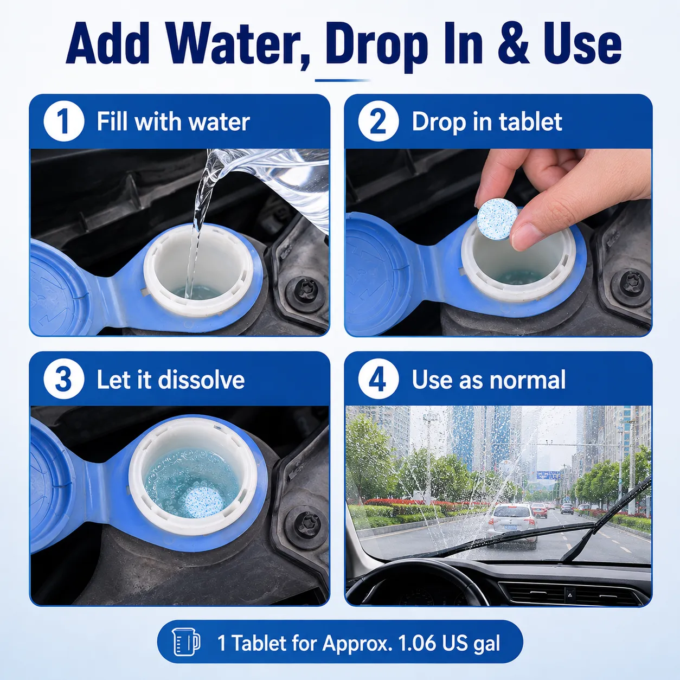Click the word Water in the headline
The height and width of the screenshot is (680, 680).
coord(237,43)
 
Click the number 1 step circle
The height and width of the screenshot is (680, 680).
coord(64,121)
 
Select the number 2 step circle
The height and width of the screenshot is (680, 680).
coord(379,121)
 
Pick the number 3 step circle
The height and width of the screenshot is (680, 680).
coord(64,380)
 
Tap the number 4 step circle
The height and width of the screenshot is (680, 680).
coord(379,380)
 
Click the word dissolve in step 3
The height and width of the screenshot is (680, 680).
coord(201,380)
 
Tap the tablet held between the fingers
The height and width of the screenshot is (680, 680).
coord(498,219)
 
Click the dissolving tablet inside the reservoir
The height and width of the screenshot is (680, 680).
coord(203,502)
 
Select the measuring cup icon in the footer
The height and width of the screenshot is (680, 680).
coord(187,642)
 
